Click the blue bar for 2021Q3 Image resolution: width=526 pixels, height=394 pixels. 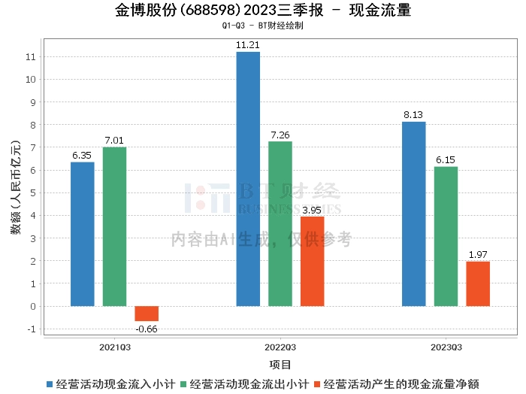[83, 234]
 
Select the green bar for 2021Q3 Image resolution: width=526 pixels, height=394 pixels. [114, 226]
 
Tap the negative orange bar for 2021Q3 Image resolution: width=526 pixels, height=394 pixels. [147, 314]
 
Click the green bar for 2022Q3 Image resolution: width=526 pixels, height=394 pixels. [280, 223]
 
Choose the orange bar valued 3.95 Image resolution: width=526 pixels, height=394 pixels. [312, 261]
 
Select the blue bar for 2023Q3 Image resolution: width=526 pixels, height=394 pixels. [413, 214]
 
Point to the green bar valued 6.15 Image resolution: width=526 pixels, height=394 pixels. [446, 236]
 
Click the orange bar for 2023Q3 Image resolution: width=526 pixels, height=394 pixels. [478, 283]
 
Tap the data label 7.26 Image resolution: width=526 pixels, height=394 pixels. [280, 135]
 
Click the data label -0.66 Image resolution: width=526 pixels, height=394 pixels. [147, 329]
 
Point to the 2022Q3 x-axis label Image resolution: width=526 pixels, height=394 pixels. [280, 347]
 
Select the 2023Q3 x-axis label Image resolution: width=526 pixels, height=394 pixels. [446, 347]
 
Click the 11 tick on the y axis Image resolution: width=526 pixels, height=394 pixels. [32, 56]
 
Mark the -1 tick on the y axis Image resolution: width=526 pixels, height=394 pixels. [32, 329]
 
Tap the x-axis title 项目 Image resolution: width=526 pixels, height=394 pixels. [280, 365]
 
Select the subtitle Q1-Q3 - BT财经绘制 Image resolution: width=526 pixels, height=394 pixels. [263, 26]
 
